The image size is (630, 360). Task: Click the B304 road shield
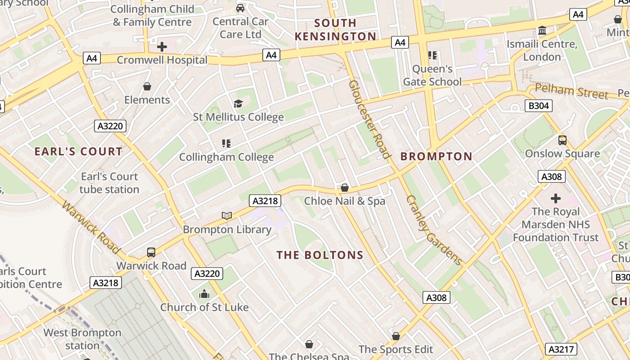[x=538, y=106]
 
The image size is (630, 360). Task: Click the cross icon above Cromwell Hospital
[x=162, y=46]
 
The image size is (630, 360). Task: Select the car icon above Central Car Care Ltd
[x=240, y=8]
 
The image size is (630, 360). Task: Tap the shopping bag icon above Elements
[x=147, y=86]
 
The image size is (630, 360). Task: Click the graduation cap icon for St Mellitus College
[x=238, y=103]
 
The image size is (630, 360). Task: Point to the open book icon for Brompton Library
[x=227, y=216]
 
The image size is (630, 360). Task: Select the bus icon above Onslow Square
[x=562, y=140]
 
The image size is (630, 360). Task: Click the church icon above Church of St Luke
[x=204, y=294]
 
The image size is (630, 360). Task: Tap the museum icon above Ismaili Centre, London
[x=542, y=31]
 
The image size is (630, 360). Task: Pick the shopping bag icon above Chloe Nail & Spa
[x=345, y=187]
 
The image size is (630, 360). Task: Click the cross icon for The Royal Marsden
[x=556, y=198]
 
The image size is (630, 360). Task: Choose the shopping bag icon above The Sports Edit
[x=396, y=336]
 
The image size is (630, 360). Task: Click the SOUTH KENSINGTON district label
[x=335, y=30]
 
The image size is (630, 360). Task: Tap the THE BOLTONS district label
[x=320, y=255]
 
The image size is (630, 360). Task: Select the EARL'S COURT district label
[x=78, y=152]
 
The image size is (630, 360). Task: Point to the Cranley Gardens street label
[x=434, y=230]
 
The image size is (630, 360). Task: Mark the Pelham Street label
[x=571, y=91]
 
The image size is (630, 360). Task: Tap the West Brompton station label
[x=82, y=339]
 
